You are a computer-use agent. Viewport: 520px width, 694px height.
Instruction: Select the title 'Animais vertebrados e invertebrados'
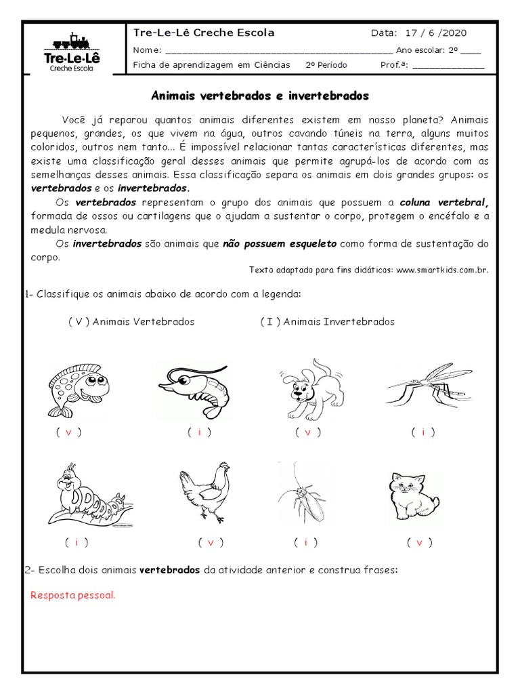[x=259, y=97]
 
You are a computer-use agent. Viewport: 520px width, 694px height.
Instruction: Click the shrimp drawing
[x=196, y=386]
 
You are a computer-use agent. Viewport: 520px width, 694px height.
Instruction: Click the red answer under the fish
[x=68, y=432]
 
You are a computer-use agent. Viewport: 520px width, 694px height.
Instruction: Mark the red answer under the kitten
[x=419, y=542]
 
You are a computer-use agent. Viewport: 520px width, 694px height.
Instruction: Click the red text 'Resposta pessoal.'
[x=73, y=596]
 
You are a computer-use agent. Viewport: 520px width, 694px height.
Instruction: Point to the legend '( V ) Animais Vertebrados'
[x=131, y=321]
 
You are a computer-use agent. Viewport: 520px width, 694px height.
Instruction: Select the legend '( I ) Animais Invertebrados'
[x=327, y=321]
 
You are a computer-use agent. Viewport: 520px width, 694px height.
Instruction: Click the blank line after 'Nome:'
[x=278, y=50]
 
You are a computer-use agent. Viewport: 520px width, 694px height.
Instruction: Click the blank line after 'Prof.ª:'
[x=448, y=66]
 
